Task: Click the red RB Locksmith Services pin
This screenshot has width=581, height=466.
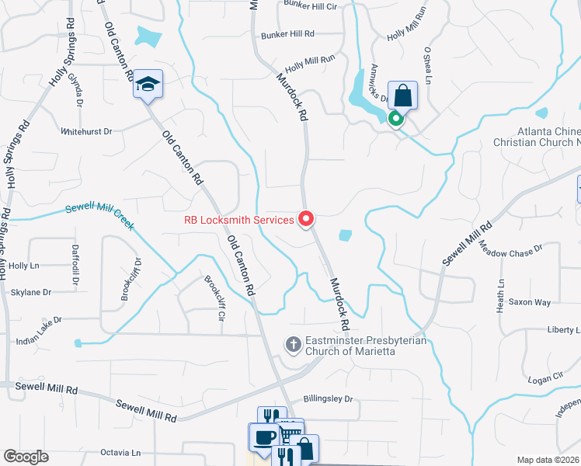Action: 306,220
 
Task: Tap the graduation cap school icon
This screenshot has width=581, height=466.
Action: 147,85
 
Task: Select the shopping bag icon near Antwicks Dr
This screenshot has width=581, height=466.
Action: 403,96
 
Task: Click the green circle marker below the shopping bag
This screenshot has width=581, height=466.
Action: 395,119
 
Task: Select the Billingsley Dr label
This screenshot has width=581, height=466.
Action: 328,398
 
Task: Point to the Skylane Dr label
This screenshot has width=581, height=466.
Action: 31,293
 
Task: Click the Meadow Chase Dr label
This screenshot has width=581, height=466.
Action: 510,249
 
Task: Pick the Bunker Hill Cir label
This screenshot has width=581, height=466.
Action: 309,5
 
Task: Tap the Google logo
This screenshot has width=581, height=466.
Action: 26,457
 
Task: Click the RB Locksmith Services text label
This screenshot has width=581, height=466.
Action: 239,220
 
